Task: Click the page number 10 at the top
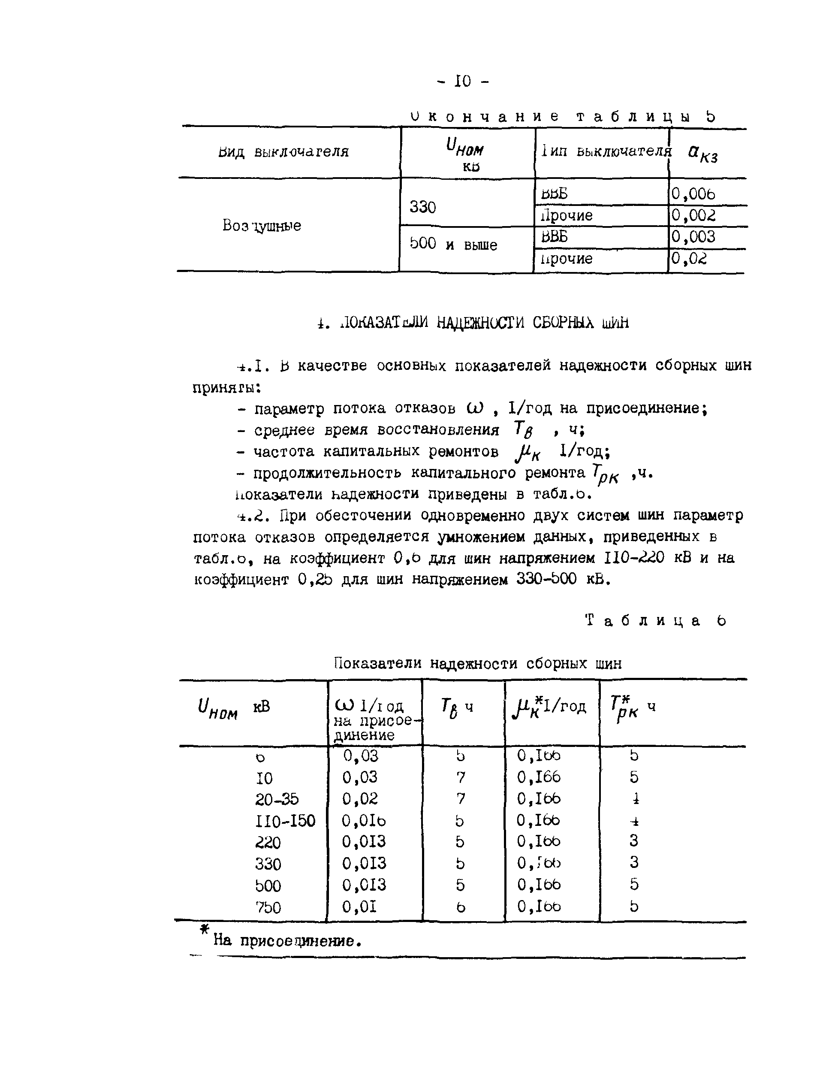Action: pos(462,81)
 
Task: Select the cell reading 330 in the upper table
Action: pos(422,207)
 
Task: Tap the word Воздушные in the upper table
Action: pos(262,226)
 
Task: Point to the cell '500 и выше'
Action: pos(453,244)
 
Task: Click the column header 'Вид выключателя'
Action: pos(283,151)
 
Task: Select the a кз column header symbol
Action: pos(702,154)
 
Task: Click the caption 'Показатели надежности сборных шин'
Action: pos(478,663)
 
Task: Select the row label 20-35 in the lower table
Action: pos(277,799)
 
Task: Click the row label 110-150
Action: pos(285,821)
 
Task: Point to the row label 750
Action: pos(268,907)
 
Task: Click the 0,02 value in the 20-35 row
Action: pos(360,799)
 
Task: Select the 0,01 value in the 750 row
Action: pos(359,907)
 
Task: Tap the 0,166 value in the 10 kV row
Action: pos(539,777)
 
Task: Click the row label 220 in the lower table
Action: pos(268,842)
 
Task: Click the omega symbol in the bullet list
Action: pos(475,408)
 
